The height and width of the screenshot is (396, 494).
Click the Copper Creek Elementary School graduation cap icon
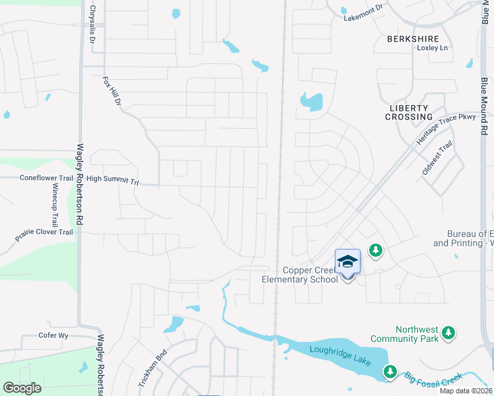[x=347, y=263]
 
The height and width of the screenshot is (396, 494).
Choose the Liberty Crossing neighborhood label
[x=409, y=112]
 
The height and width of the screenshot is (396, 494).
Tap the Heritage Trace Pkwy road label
[x=446, y=129]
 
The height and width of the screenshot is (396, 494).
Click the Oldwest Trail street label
[x=437, y=159]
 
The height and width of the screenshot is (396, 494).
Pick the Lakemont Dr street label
[x=363, y=13]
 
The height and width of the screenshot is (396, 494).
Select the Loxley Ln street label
[x=432, y=48]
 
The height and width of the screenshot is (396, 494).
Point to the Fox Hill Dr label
[x=112, y=92]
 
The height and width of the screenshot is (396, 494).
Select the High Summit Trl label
[x=113, y=179]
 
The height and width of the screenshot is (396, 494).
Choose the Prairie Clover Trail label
[x=44, y=232]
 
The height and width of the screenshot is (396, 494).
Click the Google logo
[x=22, y=388]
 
